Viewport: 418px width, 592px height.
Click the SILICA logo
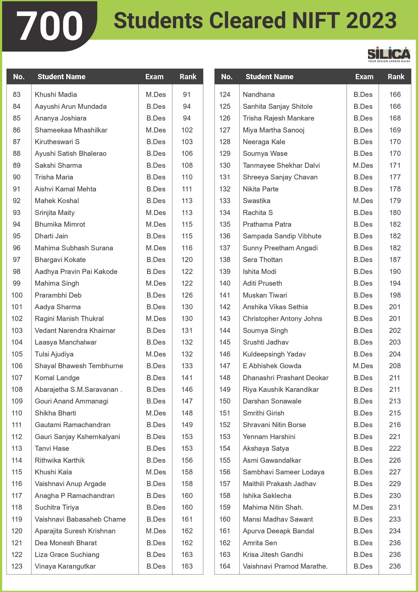click(x=389, y=54)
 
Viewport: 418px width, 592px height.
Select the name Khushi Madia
click(x=56, y=95)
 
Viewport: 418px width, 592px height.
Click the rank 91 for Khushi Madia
click(x=187, y=95)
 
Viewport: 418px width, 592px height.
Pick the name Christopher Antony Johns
click(x=282, y=319)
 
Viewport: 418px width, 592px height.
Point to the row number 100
click(x=17, y=295)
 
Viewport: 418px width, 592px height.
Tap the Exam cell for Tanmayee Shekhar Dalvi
click(x=363, y=166)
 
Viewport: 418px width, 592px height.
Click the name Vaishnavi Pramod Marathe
click(x=285, y=566)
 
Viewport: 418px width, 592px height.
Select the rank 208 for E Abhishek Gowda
click(x=395, y=366)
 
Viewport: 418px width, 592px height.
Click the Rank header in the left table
click(x=188, y=77)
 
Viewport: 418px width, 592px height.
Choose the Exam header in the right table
click(x=364, y=77)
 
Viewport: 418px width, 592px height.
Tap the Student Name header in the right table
click(x=269, y=77)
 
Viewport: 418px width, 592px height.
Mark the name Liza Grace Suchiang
click(x=67, y=555)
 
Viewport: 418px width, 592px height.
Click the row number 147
click(x=224, y=366)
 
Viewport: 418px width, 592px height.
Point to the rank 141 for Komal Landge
click(x=187, y=378)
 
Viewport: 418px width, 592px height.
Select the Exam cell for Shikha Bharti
click(x=156, y=413)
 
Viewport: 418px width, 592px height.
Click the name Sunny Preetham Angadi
click(x=280, y=248)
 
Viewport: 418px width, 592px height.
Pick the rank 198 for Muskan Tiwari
click(x=395, y=295)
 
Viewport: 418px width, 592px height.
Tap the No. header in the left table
click(x=19, y=77)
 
